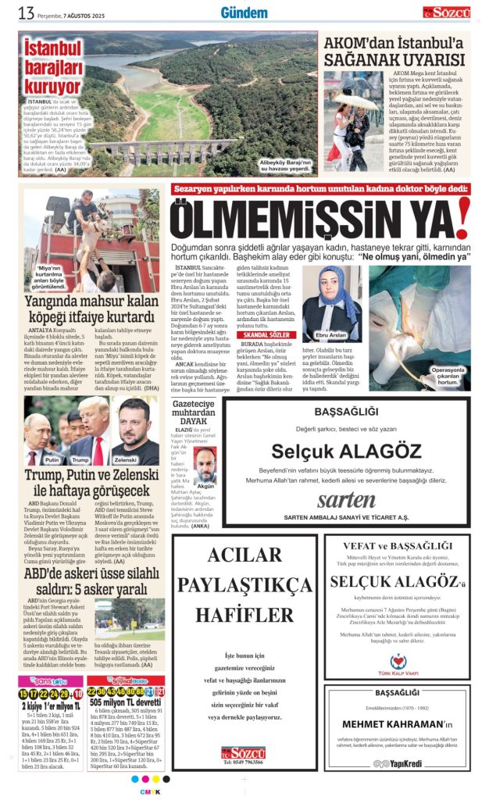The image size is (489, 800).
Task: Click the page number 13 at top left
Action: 26,12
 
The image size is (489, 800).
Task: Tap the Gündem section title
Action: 244,12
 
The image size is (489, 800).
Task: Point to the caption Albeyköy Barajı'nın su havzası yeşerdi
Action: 285,165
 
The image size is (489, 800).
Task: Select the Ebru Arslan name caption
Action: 332,334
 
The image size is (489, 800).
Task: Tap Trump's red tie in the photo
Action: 98,449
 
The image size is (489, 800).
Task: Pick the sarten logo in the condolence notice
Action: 346,500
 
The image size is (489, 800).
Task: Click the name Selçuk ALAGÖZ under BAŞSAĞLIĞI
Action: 346,451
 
